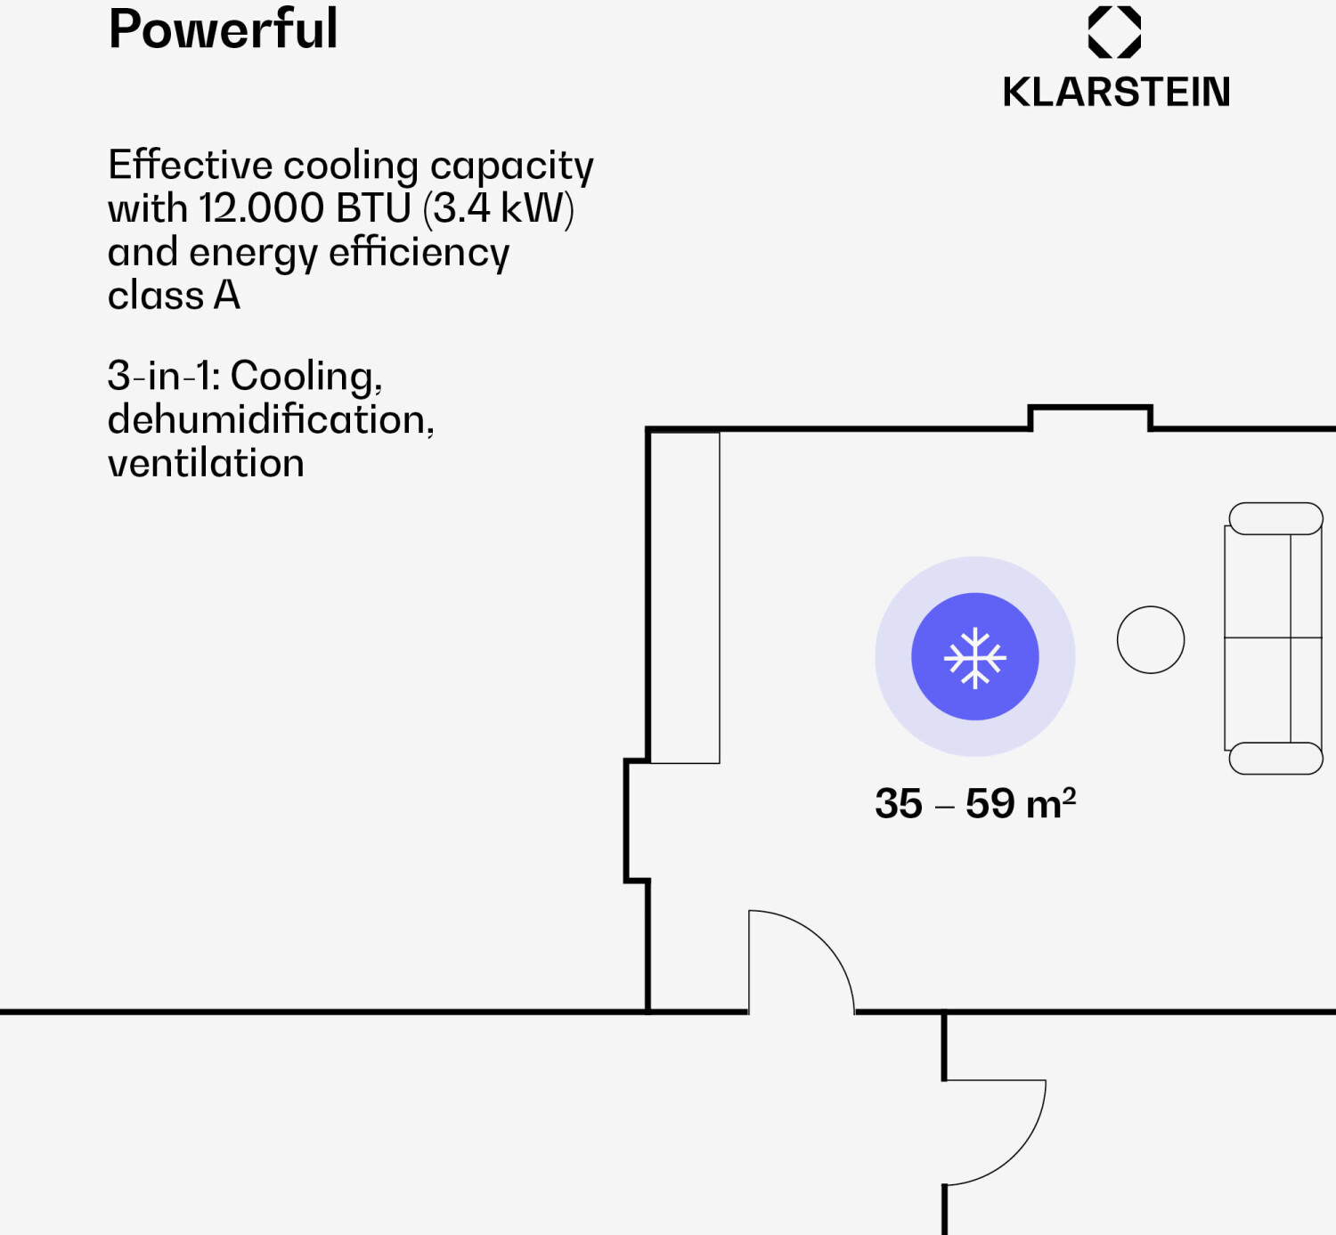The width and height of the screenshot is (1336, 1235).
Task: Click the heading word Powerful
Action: (x=223, y=29)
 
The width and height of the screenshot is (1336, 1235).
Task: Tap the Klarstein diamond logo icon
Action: (x=1114, y=32)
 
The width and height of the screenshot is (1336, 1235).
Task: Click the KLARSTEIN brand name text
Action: (x=1116, y=92)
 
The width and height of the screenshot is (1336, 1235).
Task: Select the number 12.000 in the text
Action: (x=261, y=208)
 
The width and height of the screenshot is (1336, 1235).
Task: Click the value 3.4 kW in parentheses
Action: (x=499, y=208)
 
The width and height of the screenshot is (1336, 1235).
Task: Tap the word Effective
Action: (x=190, y=166)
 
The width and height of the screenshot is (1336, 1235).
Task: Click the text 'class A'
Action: (x=174, y=296)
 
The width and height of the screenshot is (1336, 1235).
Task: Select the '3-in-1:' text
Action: (x=164, y=376)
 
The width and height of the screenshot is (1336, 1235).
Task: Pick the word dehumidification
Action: (x=269, y=419)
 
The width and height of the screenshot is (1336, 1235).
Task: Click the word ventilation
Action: (x=206, y=463)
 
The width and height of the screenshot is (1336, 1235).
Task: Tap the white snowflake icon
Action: (x=975, y=658)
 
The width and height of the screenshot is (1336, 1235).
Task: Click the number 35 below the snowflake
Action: (x=898, y=803)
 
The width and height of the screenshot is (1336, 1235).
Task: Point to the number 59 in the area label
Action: (x=990, y=803)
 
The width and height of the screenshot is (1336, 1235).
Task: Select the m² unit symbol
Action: (x=1051, y=803)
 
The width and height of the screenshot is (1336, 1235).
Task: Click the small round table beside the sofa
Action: (x=1151, y=640)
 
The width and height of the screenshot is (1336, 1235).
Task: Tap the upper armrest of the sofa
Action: (x=1275, y=519)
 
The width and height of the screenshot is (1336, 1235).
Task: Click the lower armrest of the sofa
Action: (x=1275, y=759)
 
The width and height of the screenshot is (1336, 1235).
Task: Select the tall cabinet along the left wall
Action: (x=685, y=597)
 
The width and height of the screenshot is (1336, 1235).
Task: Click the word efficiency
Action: (x=419, y=253)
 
